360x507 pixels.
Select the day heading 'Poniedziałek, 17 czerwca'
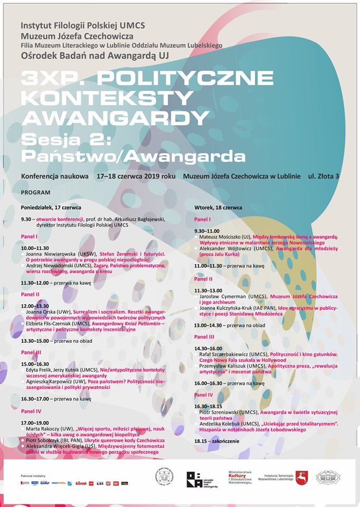(x=51, y=206)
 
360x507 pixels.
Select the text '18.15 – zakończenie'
(x=216, y=441)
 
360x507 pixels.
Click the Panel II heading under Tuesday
(x=204, y=278)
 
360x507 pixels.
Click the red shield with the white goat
(x=301, y=478)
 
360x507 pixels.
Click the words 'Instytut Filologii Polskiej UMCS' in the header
(x=83, y=25)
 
